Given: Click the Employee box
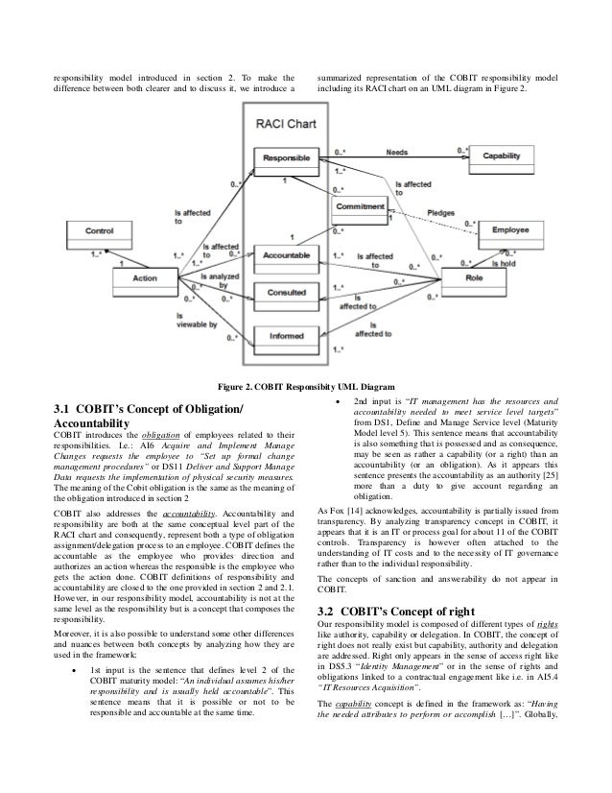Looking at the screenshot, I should click(x=508, y=230).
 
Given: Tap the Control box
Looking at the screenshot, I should click(x=100, y=230).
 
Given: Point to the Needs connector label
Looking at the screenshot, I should click(x=395, y=151).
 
